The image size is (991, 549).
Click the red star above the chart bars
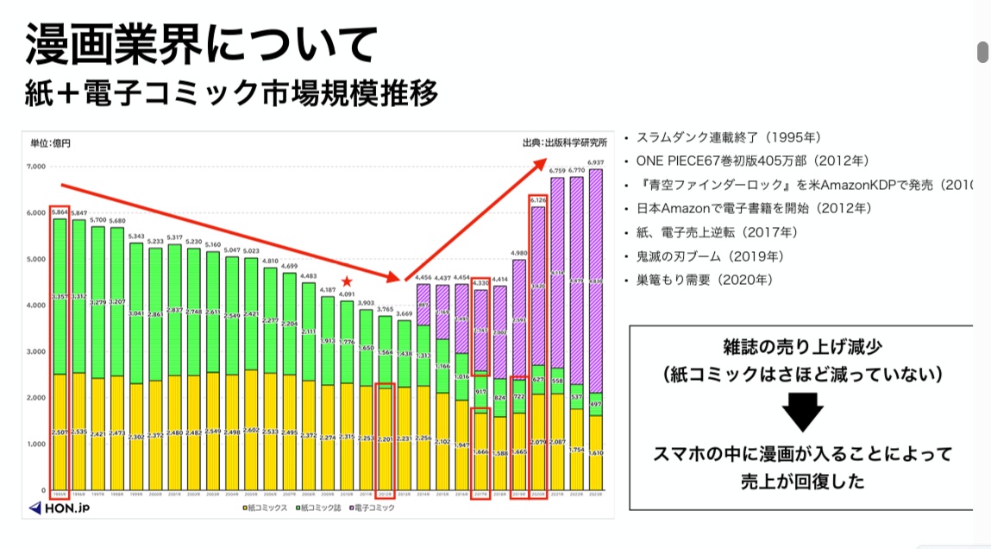pyautogui.click(x=346, y=281)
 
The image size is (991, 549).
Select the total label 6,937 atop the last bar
pyautogui.click(x=595, y=162)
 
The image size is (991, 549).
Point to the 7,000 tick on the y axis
pyautogui.click(x=38, y=166)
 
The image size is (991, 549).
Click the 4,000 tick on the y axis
pyautogui.click(x=38, y=306)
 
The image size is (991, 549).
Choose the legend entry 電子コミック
pyautogui.click(x=373, y=508)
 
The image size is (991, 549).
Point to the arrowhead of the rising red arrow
pyautogui.click(x=544, y=163)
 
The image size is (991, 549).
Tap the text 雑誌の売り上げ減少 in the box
pyautogui.click(x=802, y=348)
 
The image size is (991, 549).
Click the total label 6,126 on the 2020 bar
pyautogui.click(x=537, y=200)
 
